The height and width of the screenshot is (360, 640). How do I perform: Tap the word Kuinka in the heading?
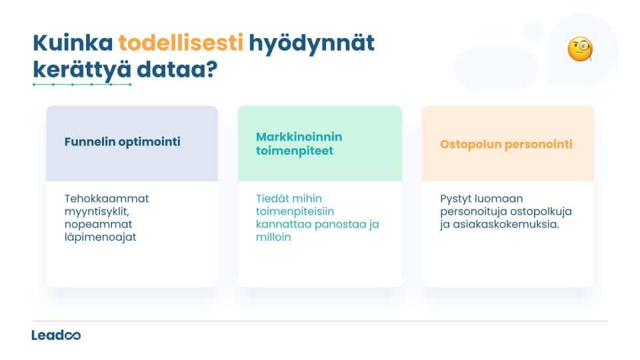pos(73,43)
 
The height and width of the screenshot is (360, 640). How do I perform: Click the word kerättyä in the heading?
pos(79,69)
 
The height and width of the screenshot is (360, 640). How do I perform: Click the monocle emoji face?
pos(580,49)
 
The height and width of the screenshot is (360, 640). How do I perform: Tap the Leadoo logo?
pos(56,335)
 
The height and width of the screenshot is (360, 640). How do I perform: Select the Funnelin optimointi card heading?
pos(122,142)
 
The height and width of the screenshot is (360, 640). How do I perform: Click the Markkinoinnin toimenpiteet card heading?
pos(299,143)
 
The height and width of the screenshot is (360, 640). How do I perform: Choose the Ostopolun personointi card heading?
pos(506,143)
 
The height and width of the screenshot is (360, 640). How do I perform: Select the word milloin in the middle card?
pos(273,237)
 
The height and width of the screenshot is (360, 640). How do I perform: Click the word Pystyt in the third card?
pos(457,199)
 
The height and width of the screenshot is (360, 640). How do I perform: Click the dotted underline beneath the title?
pos(82,85)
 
